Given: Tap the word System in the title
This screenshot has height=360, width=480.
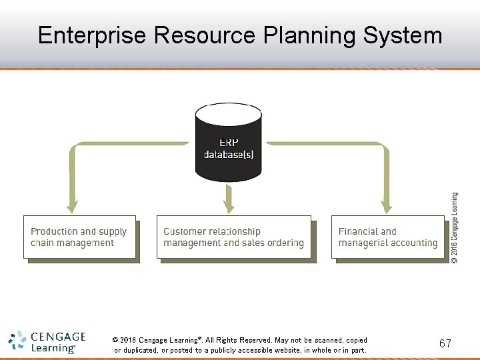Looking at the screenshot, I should (x=403, y=35).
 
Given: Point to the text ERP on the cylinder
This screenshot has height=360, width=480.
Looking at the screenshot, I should (x=229, y=142).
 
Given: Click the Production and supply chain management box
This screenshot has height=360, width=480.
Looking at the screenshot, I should (x=79, y=237).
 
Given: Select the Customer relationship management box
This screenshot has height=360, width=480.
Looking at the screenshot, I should (x=233, y=237).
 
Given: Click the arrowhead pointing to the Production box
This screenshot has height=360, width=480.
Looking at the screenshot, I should (x=72, y=207).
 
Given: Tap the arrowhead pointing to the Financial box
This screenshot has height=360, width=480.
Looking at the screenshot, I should (x=387, y=207).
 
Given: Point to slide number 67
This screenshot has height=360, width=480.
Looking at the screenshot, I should (x=445, y=343).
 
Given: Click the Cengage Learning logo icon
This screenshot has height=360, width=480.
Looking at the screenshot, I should (x=17, y=341).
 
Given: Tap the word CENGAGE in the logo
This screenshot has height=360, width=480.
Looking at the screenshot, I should (x=58, y=337).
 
